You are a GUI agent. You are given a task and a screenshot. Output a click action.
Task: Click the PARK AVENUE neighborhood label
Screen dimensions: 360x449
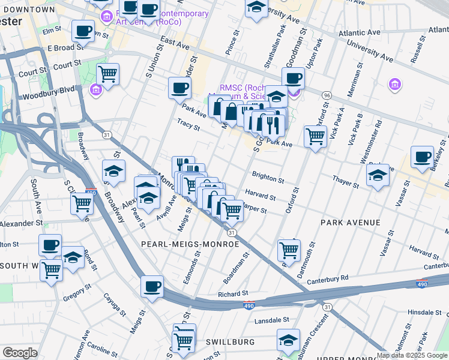click(x=350, y=223)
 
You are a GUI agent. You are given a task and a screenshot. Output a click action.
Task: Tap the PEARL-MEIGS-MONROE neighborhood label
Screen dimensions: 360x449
click(x=190, y=244)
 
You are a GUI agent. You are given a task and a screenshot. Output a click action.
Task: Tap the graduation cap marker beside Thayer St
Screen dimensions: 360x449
click(x=378, y=175)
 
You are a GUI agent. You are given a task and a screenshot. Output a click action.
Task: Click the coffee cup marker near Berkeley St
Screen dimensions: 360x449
click(x=422, y=157)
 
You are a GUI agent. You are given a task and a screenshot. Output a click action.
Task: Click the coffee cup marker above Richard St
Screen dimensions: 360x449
click(x=152, y=286)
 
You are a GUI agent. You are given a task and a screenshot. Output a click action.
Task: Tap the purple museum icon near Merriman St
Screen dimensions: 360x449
click(x=394, y=84)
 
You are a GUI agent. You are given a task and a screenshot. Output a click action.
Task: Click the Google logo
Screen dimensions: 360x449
click(x=20, y=353)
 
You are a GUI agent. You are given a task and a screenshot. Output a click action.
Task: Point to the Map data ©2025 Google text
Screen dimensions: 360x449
click(x=412, y=355)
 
